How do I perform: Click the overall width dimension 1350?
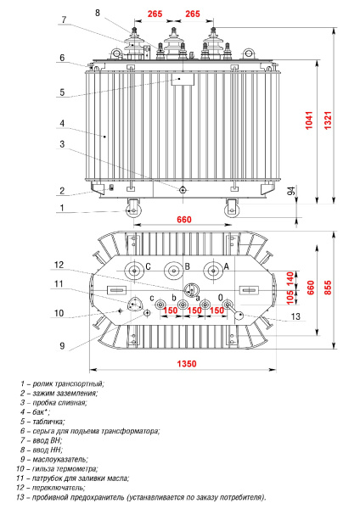(186, 365)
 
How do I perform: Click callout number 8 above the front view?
(98, 13)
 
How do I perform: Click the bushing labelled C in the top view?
(133, 272)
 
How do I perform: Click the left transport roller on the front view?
(133, 209)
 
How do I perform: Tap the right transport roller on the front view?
(232, 209)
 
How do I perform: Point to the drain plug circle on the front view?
(182, 190)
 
